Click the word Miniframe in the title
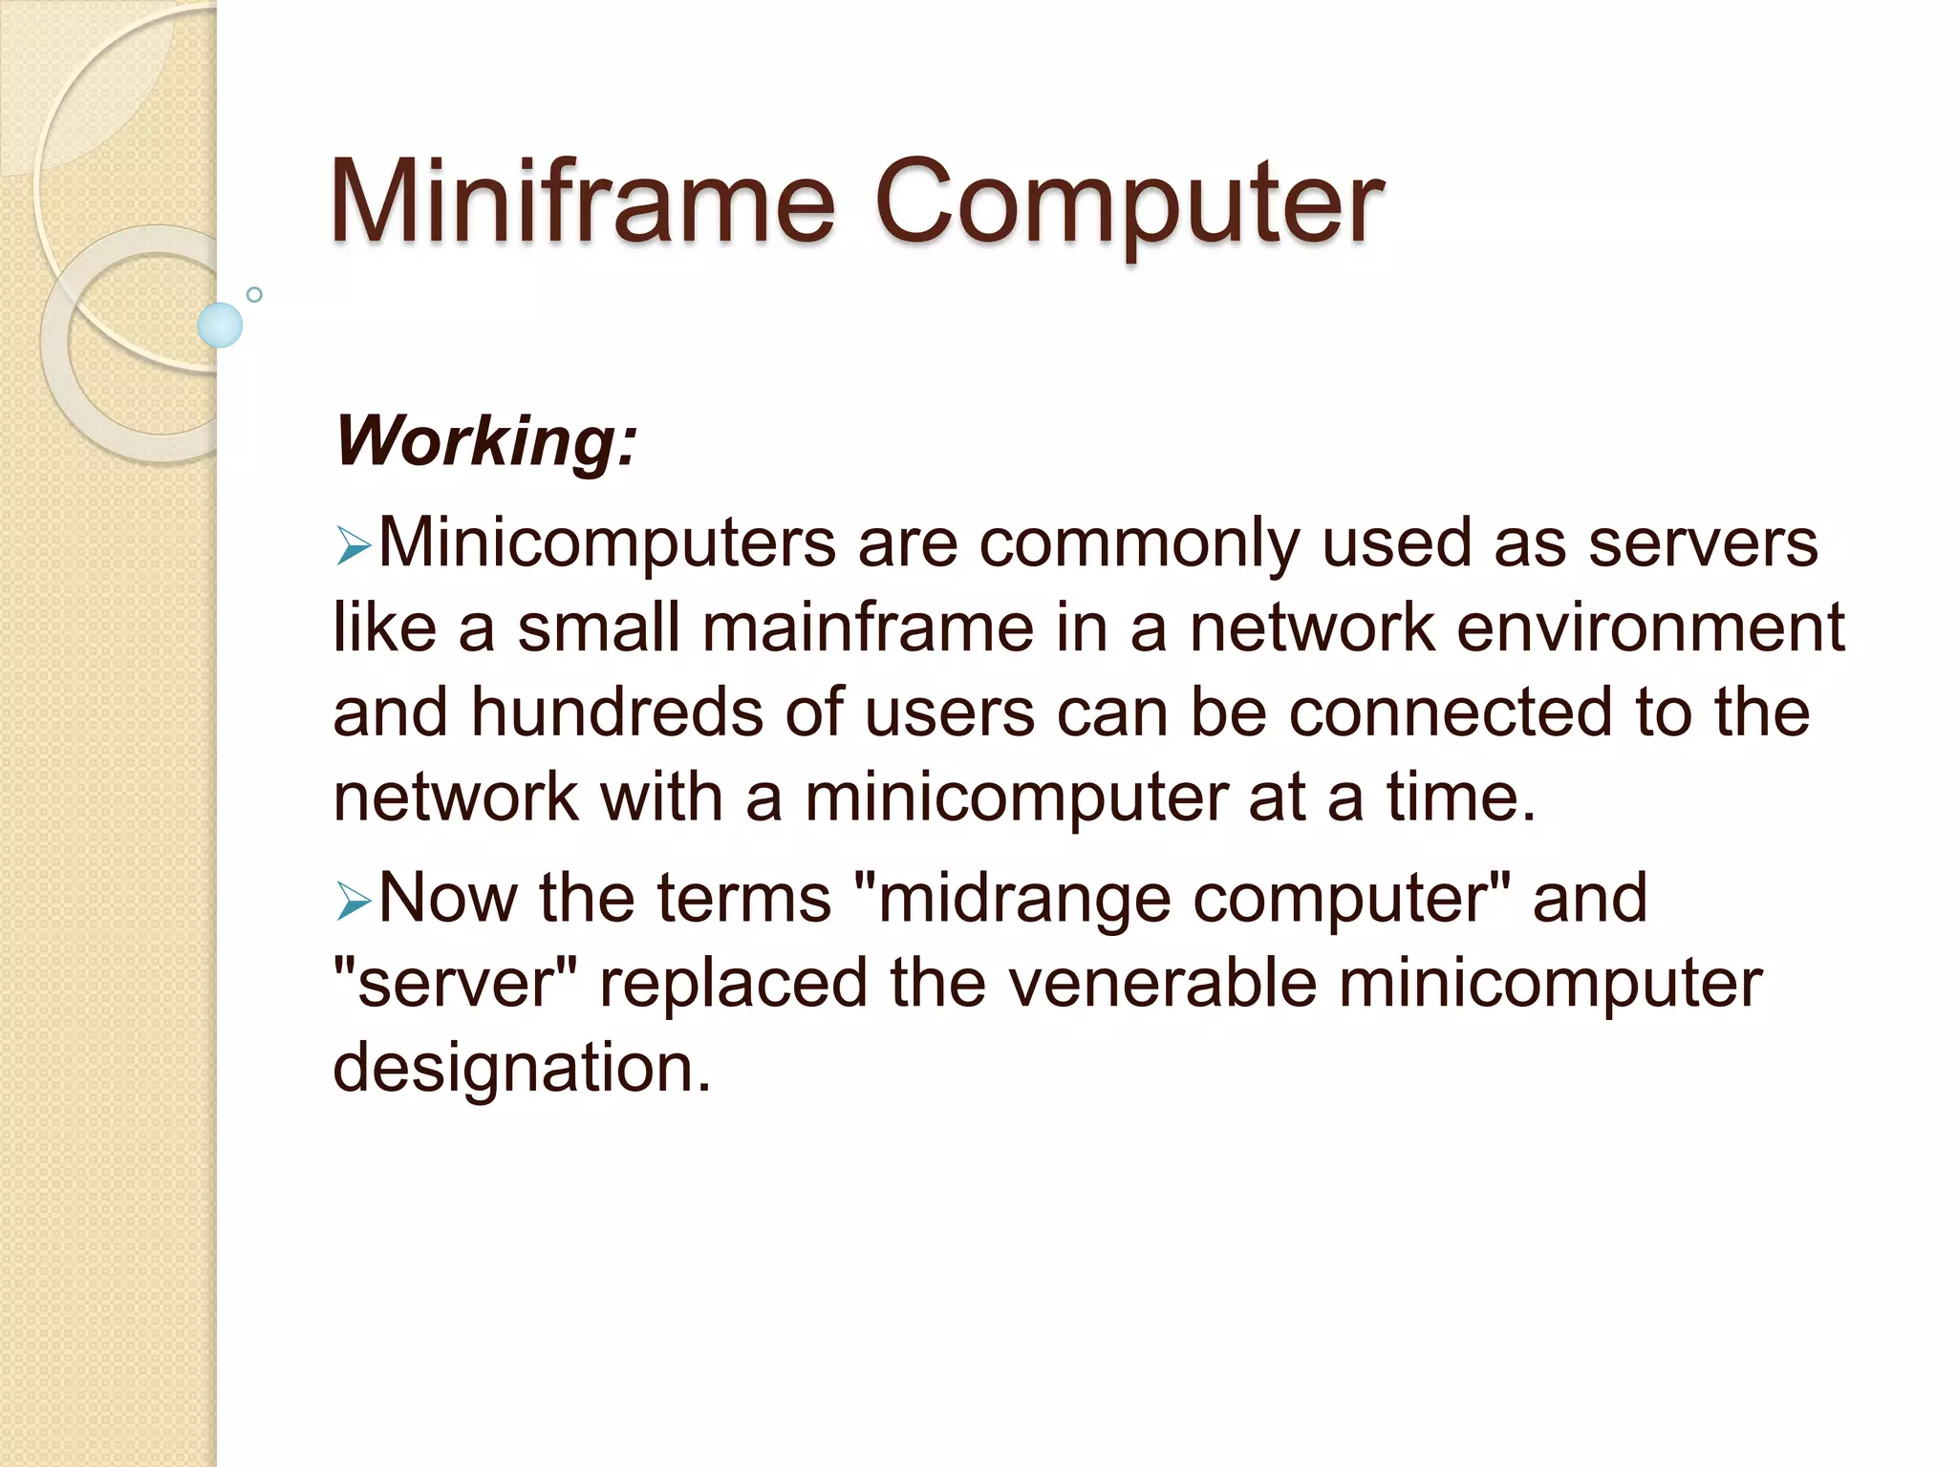coord(582,202)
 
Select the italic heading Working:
coord(485,441)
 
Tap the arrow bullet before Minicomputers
coord(353,548)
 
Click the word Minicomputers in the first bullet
coord(607,543)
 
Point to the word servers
coord(1702,543)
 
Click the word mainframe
coord(869,628)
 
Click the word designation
coord(522,1068)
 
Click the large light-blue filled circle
coord(220,325)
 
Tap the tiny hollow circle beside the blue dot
coord(254,294)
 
